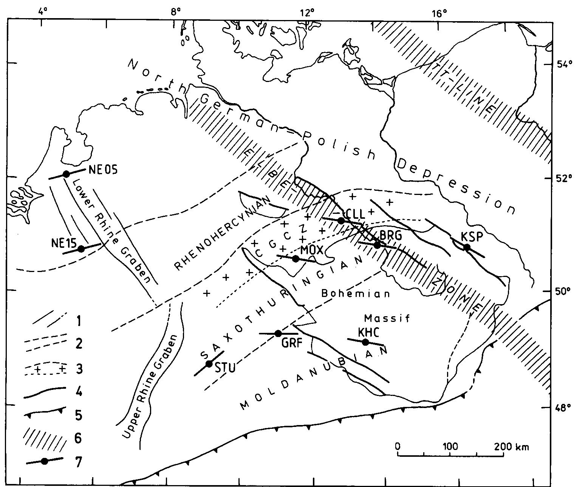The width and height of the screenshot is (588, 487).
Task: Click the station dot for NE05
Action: (66, 174)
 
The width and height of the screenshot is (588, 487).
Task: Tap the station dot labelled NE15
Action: (81, 249)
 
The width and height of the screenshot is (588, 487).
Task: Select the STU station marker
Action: (209, 364)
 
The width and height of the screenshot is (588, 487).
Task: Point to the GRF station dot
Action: (278, 333)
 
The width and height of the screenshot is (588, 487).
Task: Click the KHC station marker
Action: (365, 342)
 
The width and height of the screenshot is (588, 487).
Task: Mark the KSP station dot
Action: (467, 247)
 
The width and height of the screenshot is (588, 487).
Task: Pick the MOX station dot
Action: (296, 259)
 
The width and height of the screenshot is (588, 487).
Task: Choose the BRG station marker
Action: (377, 245)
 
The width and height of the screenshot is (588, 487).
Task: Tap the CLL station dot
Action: (341, 220)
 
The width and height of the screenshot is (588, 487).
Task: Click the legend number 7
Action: (79, 462)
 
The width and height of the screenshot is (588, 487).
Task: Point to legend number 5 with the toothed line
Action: (79, 415)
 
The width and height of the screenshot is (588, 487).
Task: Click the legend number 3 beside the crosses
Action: (79, 368)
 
